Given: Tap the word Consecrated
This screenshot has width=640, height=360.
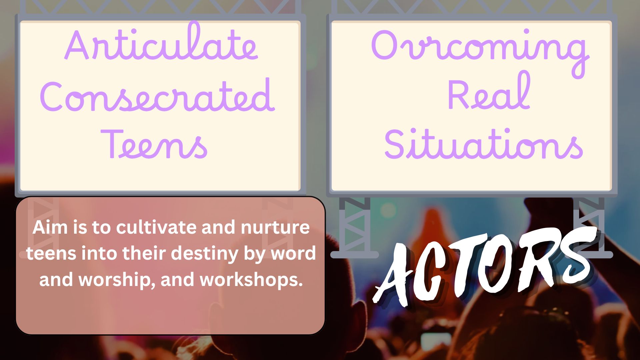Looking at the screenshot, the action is [x=157, y=95].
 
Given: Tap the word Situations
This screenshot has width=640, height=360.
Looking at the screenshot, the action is [x=483, y=143].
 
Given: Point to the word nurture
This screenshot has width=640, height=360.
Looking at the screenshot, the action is [x=275, y=228].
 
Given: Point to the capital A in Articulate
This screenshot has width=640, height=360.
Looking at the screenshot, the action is [x=78, y=45].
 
